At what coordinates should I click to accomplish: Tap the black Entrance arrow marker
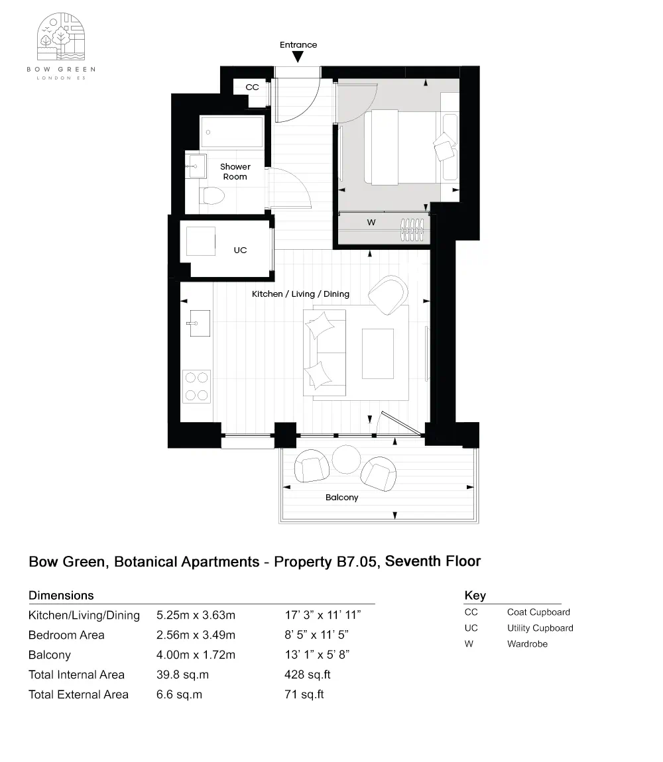point(298,57)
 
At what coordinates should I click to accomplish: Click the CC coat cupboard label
point(252,87)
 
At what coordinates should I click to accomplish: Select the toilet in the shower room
point(213,196)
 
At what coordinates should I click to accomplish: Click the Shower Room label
point(235,172)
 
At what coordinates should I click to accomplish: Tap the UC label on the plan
point(240,250)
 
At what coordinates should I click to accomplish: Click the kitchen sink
point(197,323)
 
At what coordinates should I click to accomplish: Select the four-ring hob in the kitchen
point(196,386)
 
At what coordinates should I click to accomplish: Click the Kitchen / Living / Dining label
point(300,294)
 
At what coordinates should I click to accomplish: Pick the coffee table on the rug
point(377,352)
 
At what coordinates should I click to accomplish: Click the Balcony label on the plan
point(341,497)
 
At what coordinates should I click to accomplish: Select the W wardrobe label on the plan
point(371,223)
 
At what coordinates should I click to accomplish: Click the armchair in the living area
point(388,295)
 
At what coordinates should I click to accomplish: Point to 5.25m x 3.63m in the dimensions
point(196,615)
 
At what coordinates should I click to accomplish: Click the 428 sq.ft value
point(307,675)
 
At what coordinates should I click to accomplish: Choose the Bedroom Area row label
point(66,635)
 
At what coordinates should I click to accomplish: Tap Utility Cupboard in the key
point(540,627)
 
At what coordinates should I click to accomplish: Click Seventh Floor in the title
point(432,561)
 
